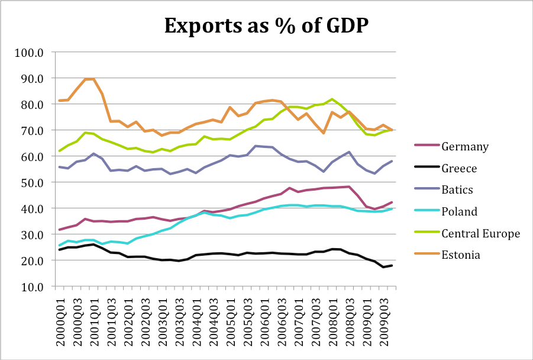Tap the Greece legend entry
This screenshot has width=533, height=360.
(459, 168)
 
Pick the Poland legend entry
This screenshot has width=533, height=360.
(460, 211)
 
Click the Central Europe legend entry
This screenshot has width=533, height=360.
(480, 233)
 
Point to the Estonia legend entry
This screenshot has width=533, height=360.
(461, 255)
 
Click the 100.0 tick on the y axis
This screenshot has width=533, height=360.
(31, 52)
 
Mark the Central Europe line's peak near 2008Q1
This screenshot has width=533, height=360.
(332, 99)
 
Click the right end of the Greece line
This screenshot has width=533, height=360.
(392, 265)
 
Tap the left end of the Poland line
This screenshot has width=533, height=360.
(59, 245)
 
